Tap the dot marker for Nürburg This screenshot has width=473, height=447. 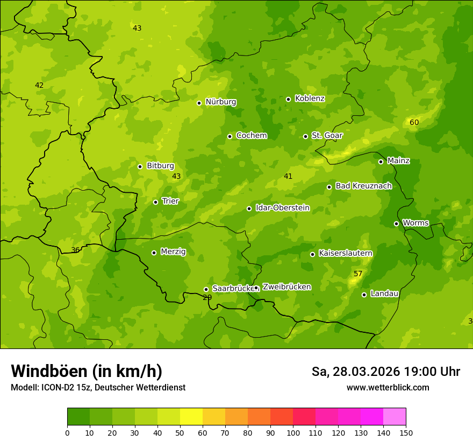(199, 103)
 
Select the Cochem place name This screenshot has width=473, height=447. (251, 136)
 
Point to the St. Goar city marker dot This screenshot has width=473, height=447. (305, 136)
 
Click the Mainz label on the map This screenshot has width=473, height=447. (398, 161)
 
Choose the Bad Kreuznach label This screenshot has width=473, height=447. (363, 186)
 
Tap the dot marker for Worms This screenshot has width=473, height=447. (396, 223)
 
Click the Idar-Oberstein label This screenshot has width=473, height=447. (282, 208)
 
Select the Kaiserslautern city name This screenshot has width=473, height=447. (345, 253)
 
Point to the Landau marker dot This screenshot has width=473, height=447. (364, 295)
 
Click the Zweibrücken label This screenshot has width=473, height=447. (286, 287)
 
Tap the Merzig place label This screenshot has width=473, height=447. (173, 252)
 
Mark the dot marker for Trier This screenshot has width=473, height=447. (155, 202)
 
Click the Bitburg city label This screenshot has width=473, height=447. (160, 166)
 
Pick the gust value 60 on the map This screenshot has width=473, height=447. (414, 123)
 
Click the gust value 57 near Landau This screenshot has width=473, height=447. (358, 274)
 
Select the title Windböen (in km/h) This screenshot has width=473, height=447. (87, 371)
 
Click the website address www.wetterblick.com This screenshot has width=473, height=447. (388, 387)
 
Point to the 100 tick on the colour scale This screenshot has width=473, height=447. (293, 432)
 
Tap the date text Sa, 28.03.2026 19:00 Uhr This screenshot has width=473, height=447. (385, 372)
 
